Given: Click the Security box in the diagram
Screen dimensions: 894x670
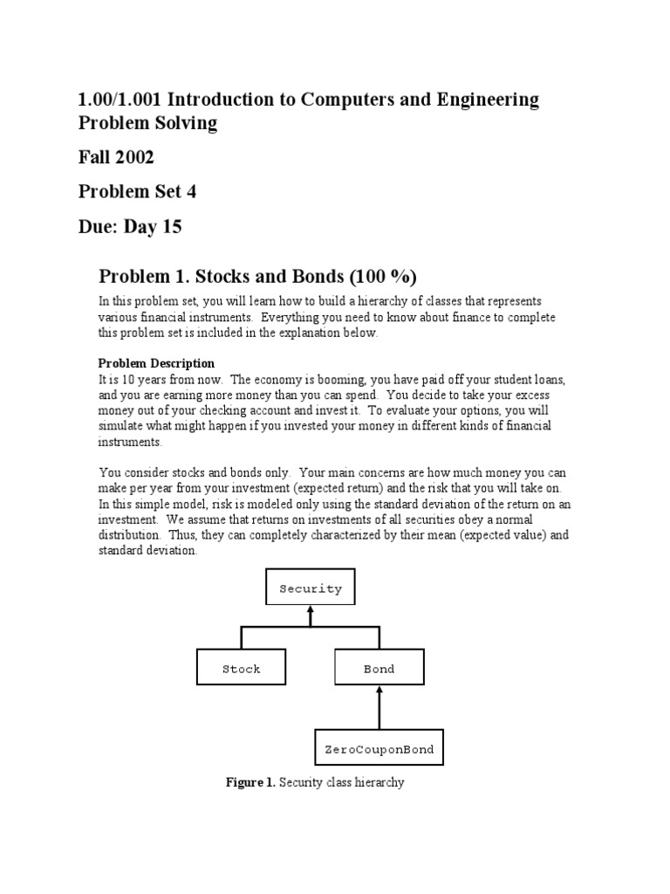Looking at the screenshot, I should click(311, 588).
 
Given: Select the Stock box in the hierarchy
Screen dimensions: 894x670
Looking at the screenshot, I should click(241, 669).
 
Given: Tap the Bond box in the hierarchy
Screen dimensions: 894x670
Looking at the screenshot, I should click(379, 669).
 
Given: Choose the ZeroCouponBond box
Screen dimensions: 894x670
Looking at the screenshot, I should click(379, 749).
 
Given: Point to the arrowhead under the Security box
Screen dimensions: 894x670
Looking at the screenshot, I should click(311, 613).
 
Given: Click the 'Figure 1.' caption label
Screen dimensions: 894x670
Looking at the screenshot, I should click(250, 782).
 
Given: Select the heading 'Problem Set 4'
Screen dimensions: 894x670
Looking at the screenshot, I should click(137, 192).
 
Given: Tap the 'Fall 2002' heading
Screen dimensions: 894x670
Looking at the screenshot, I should click(116, 157).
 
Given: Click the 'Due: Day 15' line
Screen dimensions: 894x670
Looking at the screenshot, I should click(130, 227).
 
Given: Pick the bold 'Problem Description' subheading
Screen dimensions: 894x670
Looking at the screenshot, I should click(156, 363).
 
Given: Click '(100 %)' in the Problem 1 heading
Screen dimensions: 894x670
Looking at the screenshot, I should click(384, 277).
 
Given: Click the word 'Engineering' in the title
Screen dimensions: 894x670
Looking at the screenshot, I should click(484, 100).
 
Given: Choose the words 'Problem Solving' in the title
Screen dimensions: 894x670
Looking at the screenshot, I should click(147, 122).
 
